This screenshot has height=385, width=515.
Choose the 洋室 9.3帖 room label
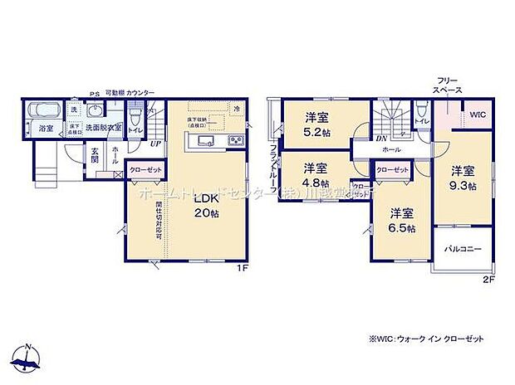463,178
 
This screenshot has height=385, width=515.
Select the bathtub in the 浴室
41,112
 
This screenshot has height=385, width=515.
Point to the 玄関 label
96,154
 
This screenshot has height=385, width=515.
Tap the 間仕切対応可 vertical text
159,220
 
